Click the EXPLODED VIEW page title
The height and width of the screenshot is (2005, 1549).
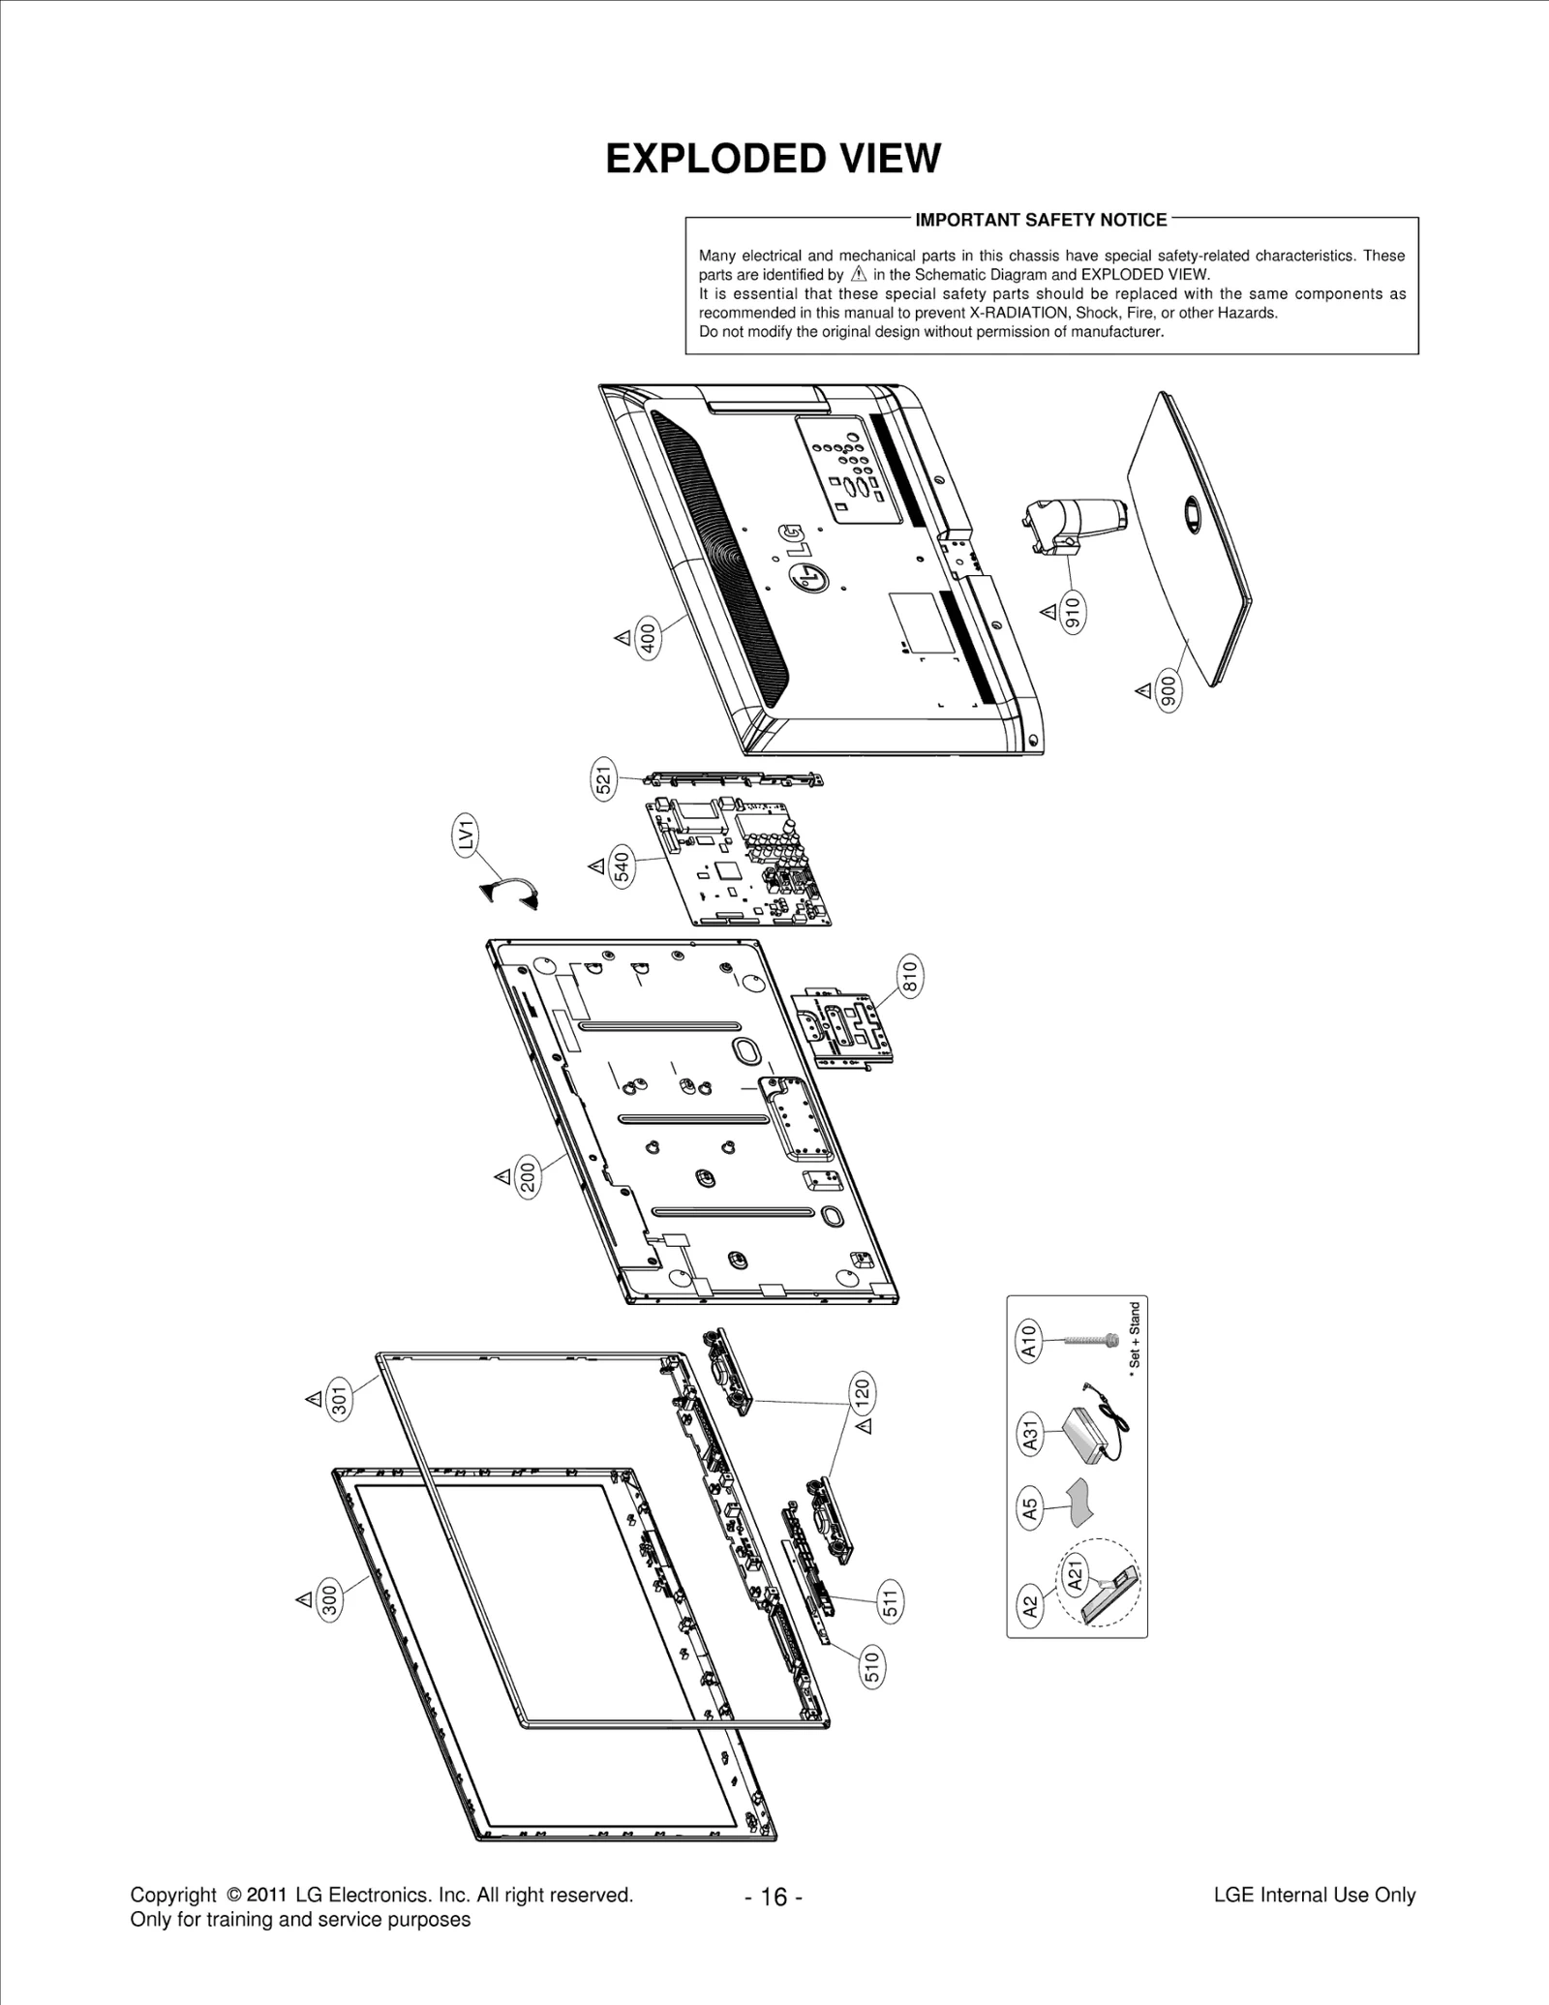[773, 159]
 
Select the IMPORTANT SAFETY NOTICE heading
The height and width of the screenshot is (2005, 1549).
[1041, 220]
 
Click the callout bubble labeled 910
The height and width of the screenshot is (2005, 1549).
[1072, 611]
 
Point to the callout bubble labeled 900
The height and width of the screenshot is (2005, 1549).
[1168, 690]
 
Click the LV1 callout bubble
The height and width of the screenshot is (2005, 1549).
[467, 835]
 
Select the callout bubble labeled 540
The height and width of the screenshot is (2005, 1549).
[623, 866]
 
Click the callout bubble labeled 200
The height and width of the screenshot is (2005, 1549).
[528, 1177]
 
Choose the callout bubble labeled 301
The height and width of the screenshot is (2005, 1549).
[339, 1400]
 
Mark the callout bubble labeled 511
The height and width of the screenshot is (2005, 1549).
[891, 1600]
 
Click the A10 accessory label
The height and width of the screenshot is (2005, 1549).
[1029, 1341]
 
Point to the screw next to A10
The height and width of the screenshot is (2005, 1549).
[1092, 1341]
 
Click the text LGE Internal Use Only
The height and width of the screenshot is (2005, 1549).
[1314, 1895]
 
